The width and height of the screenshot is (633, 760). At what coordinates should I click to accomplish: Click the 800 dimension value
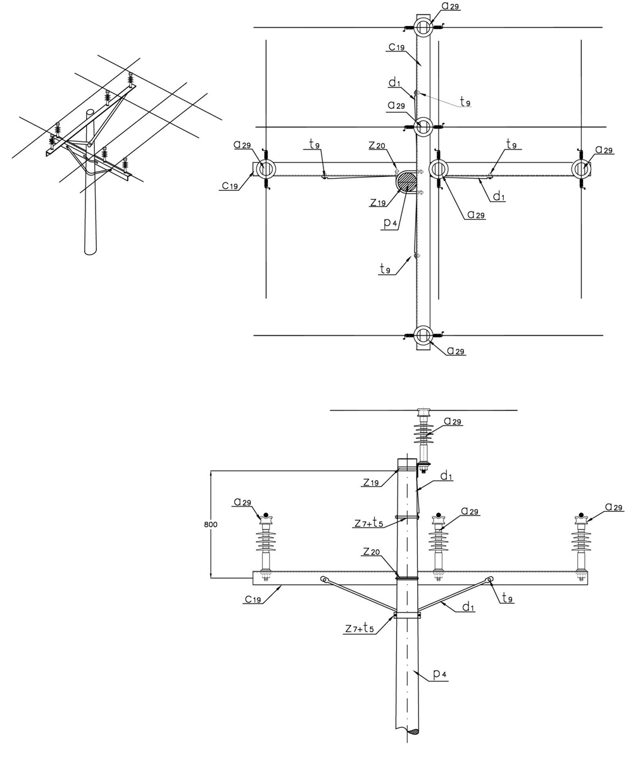click(211, 524)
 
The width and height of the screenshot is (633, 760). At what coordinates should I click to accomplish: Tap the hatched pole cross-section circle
click(407, 181)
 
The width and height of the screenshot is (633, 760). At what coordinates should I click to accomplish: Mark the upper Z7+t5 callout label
click(369, 523)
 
